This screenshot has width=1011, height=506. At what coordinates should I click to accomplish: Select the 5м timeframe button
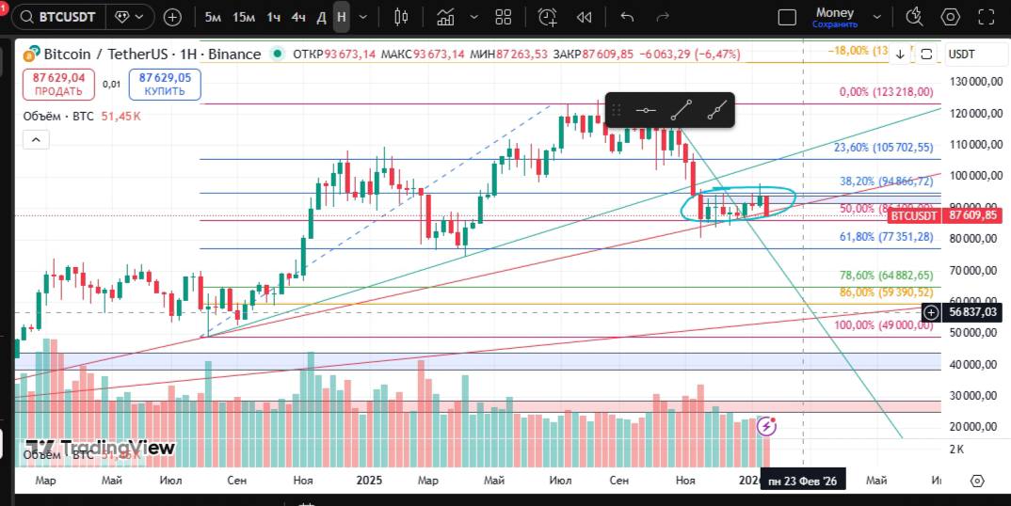pos(214,17)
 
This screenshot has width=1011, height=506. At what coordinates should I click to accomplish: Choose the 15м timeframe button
pos(244,17)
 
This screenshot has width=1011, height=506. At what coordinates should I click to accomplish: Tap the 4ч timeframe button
pos(297,17)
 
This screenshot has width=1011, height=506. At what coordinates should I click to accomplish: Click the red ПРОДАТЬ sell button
pos(58,85)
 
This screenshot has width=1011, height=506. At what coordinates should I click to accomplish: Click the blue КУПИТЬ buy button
pos(165,85)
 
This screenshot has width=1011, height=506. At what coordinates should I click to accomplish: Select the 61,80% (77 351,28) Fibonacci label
pos(886,238)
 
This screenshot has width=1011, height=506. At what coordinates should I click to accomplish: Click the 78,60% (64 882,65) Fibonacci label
pos(886,276)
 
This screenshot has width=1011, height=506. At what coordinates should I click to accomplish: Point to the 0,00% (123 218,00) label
pos(886,92)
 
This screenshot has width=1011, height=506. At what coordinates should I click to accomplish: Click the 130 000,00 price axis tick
pos(972,83)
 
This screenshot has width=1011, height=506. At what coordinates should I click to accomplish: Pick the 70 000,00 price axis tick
pos(972,271)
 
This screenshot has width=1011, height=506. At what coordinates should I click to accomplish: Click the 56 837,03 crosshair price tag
pos(972,311)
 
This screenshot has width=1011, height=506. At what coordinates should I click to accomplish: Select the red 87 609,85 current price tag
pos(973,215)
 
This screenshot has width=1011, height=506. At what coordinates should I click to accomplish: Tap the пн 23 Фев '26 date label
pos(802,482)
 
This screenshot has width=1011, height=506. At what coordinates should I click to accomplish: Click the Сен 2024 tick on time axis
pos(237,481)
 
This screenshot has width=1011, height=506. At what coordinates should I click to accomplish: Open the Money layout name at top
pos(834,13)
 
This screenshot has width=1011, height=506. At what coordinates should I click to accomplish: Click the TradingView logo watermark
pos(100,448)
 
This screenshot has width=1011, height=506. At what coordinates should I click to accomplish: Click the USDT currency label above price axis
pos(961,55)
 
